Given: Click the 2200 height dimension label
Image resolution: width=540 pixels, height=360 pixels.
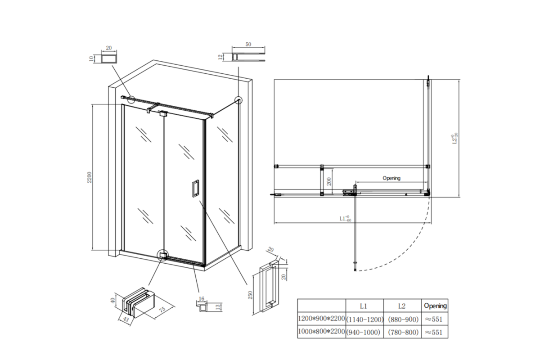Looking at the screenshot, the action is [90, 177].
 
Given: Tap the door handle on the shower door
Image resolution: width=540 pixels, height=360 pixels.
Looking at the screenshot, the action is [195, 188].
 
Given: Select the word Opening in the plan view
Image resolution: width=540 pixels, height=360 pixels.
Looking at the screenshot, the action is [391, 178].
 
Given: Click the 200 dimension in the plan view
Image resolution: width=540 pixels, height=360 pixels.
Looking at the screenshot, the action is [329, 181].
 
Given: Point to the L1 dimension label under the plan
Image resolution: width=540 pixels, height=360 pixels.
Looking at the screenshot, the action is [346, 218].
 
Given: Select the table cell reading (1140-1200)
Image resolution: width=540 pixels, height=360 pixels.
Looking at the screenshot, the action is [365, 319].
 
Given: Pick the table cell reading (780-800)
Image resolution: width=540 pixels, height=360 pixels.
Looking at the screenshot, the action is [403, 333].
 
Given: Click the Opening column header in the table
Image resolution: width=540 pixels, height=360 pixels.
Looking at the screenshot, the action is [435, 306].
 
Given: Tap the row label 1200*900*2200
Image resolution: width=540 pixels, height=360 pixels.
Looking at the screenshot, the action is [321, 319].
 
